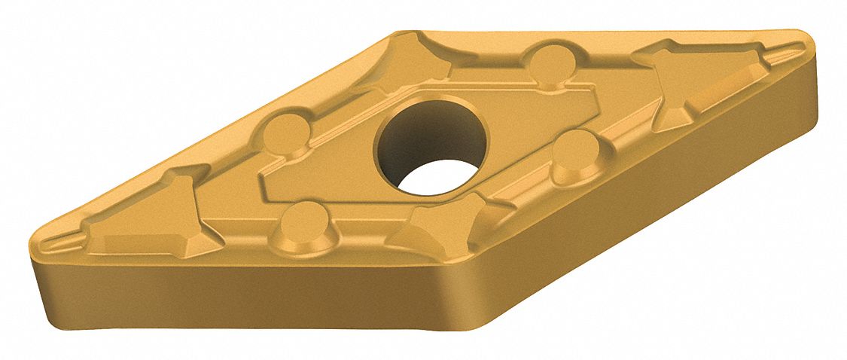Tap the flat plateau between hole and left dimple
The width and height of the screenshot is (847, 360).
pyautogui.click(x=339, y=151)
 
